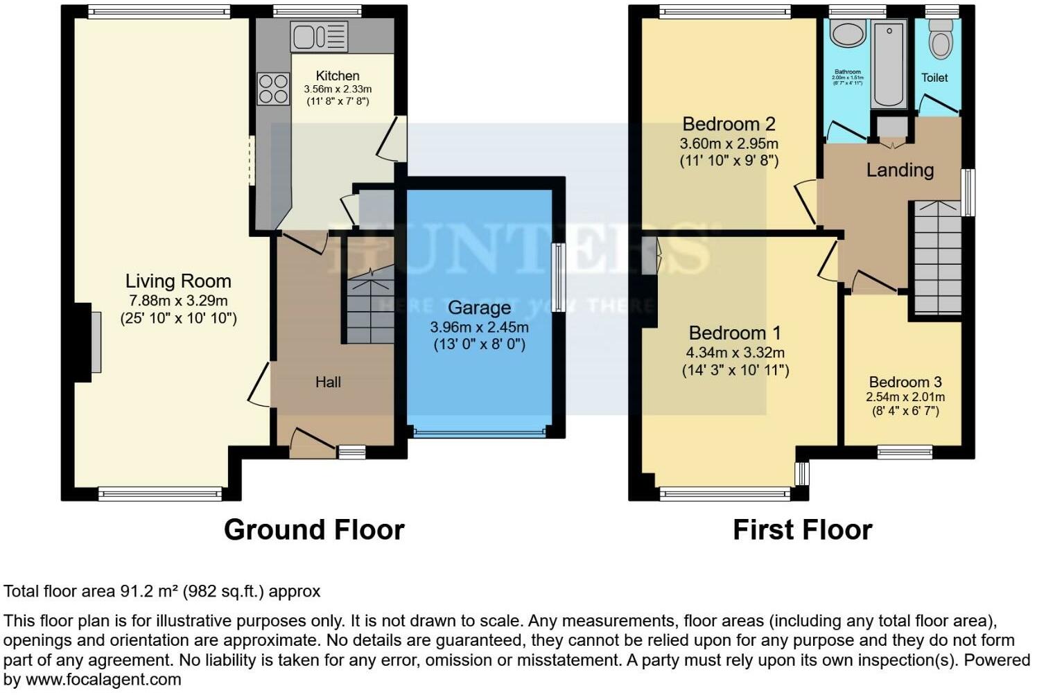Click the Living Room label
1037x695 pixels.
point(178,281)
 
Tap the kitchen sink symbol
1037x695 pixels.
point(319,36)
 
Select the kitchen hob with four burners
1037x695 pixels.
point(273,89)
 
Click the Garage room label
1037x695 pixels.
point(479,308)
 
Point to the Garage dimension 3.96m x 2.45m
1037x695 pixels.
point(479,327)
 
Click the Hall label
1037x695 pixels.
point(328,382)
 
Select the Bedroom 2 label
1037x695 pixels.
point(729,125)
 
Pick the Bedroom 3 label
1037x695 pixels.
point(905,382)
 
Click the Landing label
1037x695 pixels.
point(900,170)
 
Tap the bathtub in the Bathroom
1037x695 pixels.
point(889,63)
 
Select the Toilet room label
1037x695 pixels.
point(934,78)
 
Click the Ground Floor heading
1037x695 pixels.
point(314,530)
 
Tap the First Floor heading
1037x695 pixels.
point(802,530)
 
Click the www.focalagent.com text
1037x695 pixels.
point(103,680)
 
